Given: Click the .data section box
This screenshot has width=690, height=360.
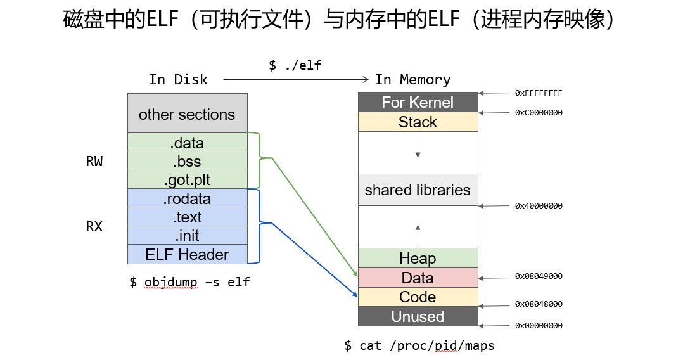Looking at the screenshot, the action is (188, 142).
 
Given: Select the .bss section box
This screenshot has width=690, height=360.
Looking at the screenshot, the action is (188, 161).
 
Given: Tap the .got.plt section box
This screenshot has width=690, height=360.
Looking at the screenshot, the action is (188, 179).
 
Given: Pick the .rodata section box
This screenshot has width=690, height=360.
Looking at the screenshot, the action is (188, 198).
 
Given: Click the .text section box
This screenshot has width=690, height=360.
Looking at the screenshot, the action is (188, 217).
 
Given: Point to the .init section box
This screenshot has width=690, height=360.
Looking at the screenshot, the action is (188, 235).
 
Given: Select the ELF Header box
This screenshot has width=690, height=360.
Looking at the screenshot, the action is (188, 254).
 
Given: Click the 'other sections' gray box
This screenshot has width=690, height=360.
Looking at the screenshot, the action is (188, 113).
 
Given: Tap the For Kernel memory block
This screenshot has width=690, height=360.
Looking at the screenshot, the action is (418, 102).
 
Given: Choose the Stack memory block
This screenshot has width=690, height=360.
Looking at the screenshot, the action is (418, 122).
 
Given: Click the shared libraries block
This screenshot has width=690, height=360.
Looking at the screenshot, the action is (418, 190).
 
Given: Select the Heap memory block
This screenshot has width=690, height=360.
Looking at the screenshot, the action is (418, 259).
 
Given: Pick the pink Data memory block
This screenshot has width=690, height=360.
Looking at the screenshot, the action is (418, 278).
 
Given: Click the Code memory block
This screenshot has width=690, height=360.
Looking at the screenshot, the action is (418, 297).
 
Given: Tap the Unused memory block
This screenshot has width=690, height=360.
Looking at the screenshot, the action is (418, 316).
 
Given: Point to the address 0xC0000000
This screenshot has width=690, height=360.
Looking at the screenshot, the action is (539, 113).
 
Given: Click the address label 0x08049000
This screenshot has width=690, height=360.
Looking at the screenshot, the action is (539, 276).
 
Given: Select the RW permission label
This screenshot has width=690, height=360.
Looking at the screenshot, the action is (94, 162).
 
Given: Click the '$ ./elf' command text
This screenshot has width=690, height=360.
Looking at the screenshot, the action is (295, 65).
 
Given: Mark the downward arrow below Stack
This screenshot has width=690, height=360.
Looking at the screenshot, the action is (418, 145).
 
